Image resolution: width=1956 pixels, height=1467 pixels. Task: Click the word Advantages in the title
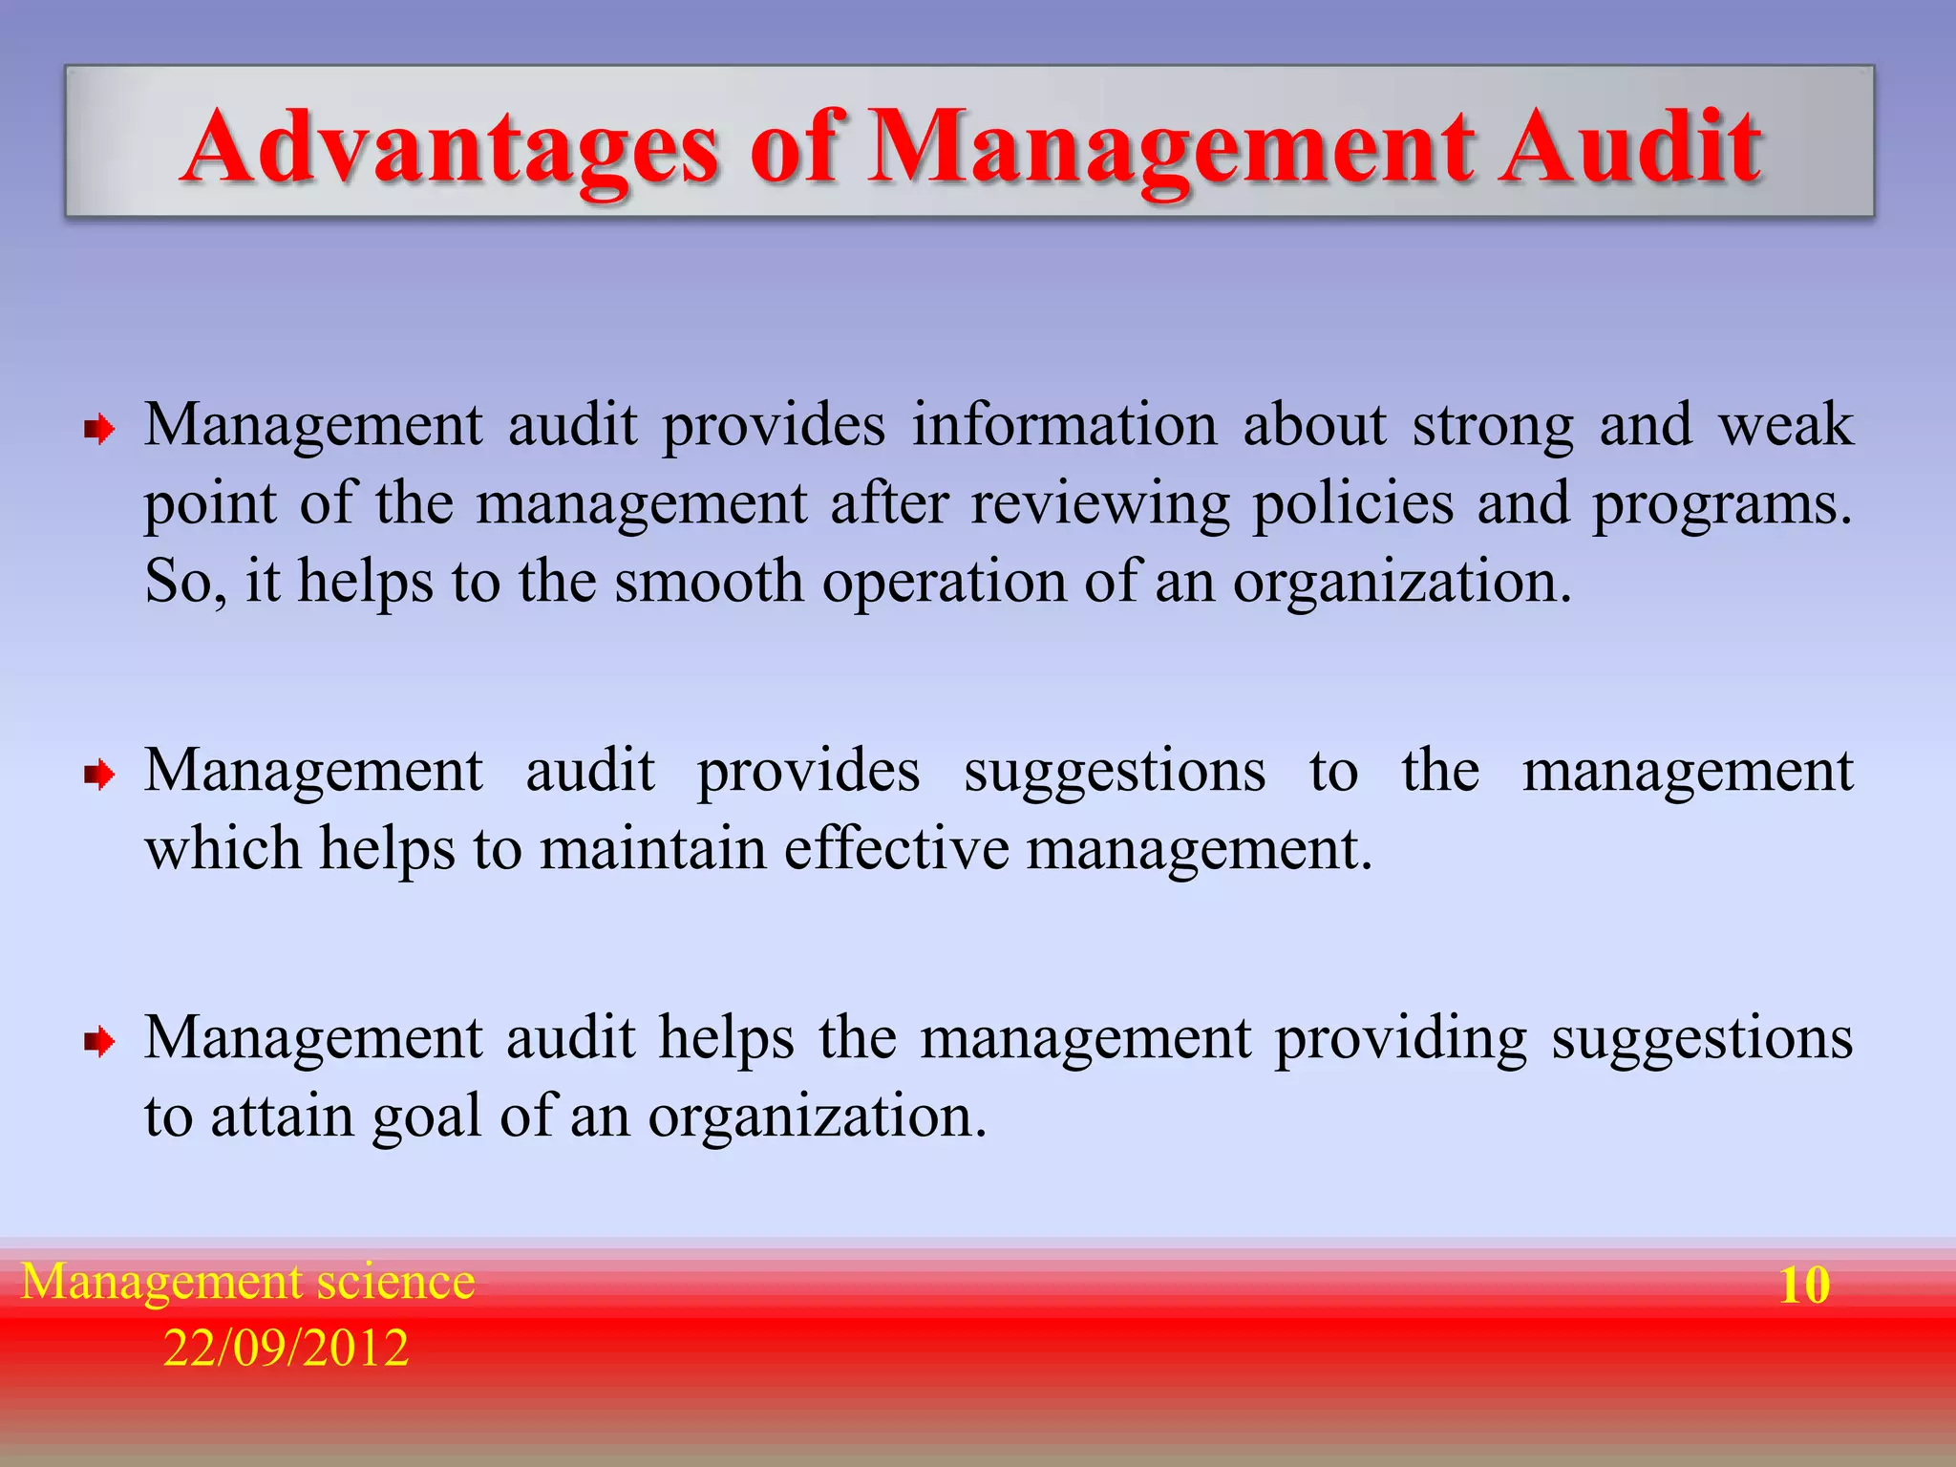pos(449,148)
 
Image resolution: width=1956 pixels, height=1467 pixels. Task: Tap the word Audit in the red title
pos(1629,148)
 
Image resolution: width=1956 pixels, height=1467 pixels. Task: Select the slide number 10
pos(1804,1285)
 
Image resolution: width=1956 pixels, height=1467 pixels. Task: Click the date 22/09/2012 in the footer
pos(286,1348)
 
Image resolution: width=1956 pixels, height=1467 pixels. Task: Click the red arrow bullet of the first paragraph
pos(99,431)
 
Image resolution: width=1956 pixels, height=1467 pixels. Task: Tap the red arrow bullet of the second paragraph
pos(99,776)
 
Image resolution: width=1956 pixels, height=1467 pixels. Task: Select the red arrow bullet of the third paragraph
pos(99,1042)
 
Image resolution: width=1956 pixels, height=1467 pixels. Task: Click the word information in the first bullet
pos(1064,425)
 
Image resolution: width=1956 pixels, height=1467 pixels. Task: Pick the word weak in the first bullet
pos(1785,425)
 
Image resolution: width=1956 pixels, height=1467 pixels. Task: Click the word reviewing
pos(1100,505)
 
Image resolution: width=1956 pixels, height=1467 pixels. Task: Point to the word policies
pos(1352,505)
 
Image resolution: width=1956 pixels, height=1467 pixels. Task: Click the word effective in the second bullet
pos(896,848)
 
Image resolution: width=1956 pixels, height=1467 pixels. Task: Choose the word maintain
pos(653,848)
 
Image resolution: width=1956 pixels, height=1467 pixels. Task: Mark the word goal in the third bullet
pos(427,1117)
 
